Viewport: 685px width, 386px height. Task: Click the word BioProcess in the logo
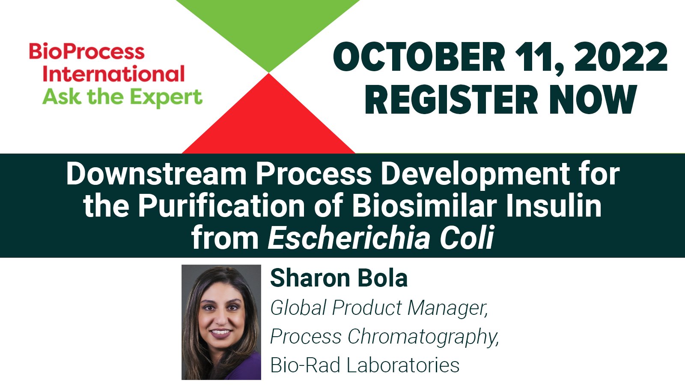point(87,52)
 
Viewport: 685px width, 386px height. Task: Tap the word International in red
point(114,74)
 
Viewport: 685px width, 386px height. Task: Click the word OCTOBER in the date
point(419,58)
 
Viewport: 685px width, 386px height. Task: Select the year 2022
point(620,58)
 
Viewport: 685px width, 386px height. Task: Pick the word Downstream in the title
point(156,174)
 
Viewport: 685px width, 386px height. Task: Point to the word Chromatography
point(423,337)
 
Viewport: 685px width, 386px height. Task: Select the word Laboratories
point(402,365)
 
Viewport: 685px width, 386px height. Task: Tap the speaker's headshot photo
point(221,322)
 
